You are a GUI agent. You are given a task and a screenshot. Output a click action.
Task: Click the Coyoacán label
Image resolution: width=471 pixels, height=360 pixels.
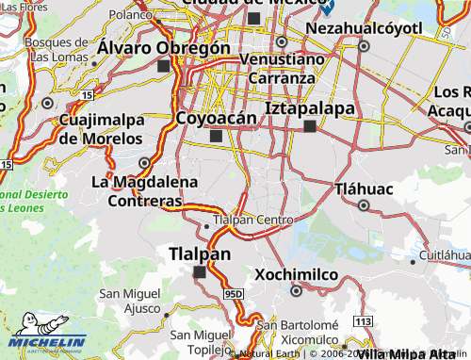tap(216, 118)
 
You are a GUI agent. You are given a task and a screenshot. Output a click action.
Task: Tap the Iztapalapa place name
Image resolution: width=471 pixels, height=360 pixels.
tap(310, 107)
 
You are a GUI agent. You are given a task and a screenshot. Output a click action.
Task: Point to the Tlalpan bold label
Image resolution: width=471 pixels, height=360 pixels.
tap(199, 254)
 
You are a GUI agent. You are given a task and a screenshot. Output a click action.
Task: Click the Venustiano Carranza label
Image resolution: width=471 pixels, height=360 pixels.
tap(284, 68)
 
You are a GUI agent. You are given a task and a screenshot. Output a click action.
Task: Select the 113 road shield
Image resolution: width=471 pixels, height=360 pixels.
tap(363, 322)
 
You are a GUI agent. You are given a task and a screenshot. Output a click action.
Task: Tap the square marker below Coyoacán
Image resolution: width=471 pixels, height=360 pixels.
tap(217, 137)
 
